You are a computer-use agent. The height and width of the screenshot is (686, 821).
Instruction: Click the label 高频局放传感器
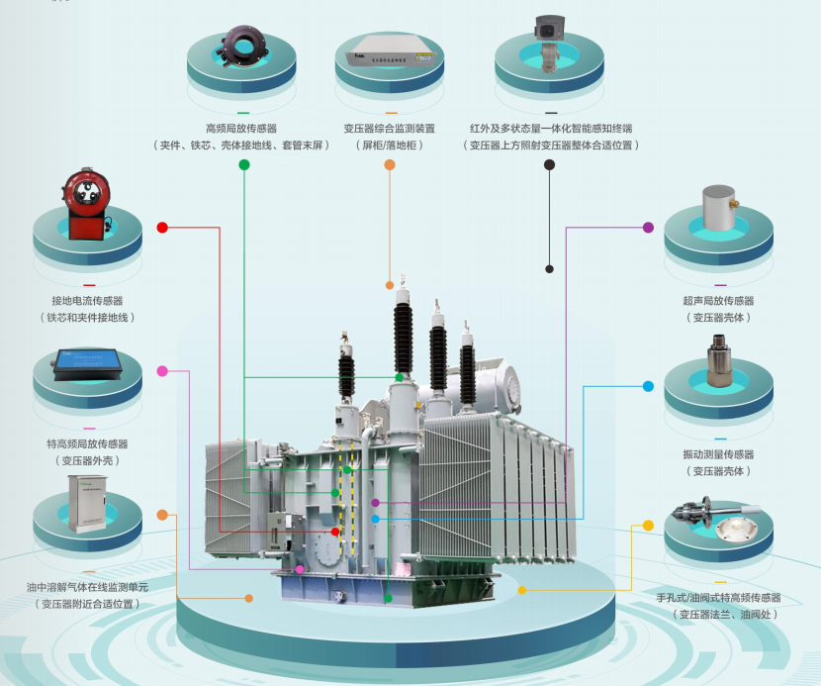pos(240,128)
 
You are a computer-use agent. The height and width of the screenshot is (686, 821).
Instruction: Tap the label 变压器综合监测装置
pos(389,128)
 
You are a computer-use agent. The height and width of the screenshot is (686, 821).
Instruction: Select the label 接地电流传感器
pos(88,300)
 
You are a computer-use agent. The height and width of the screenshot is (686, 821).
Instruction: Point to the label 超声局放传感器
pos(718,300)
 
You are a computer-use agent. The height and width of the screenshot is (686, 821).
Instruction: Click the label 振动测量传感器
pos(718,453)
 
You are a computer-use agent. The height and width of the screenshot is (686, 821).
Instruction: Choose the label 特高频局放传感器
pos(87,443)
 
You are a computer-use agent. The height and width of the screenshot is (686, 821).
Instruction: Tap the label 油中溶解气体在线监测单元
pos(87,587)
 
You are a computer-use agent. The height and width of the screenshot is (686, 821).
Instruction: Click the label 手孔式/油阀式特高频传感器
pos(718,598)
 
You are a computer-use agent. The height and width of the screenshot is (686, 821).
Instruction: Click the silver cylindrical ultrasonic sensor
pos(718,210)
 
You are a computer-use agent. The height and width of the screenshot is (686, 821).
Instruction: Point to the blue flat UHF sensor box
pos(86,363)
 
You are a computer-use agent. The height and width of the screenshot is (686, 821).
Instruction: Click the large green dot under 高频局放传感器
pos(243,164)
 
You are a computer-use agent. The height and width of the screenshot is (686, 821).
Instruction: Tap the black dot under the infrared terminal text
pos(549,164)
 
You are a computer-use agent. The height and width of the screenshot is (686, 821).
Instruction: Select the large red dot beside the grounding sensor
pos(162,228)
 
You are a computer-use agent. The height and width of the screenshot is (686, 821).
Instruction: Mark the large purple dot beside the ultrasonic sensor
pos(648,228)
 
